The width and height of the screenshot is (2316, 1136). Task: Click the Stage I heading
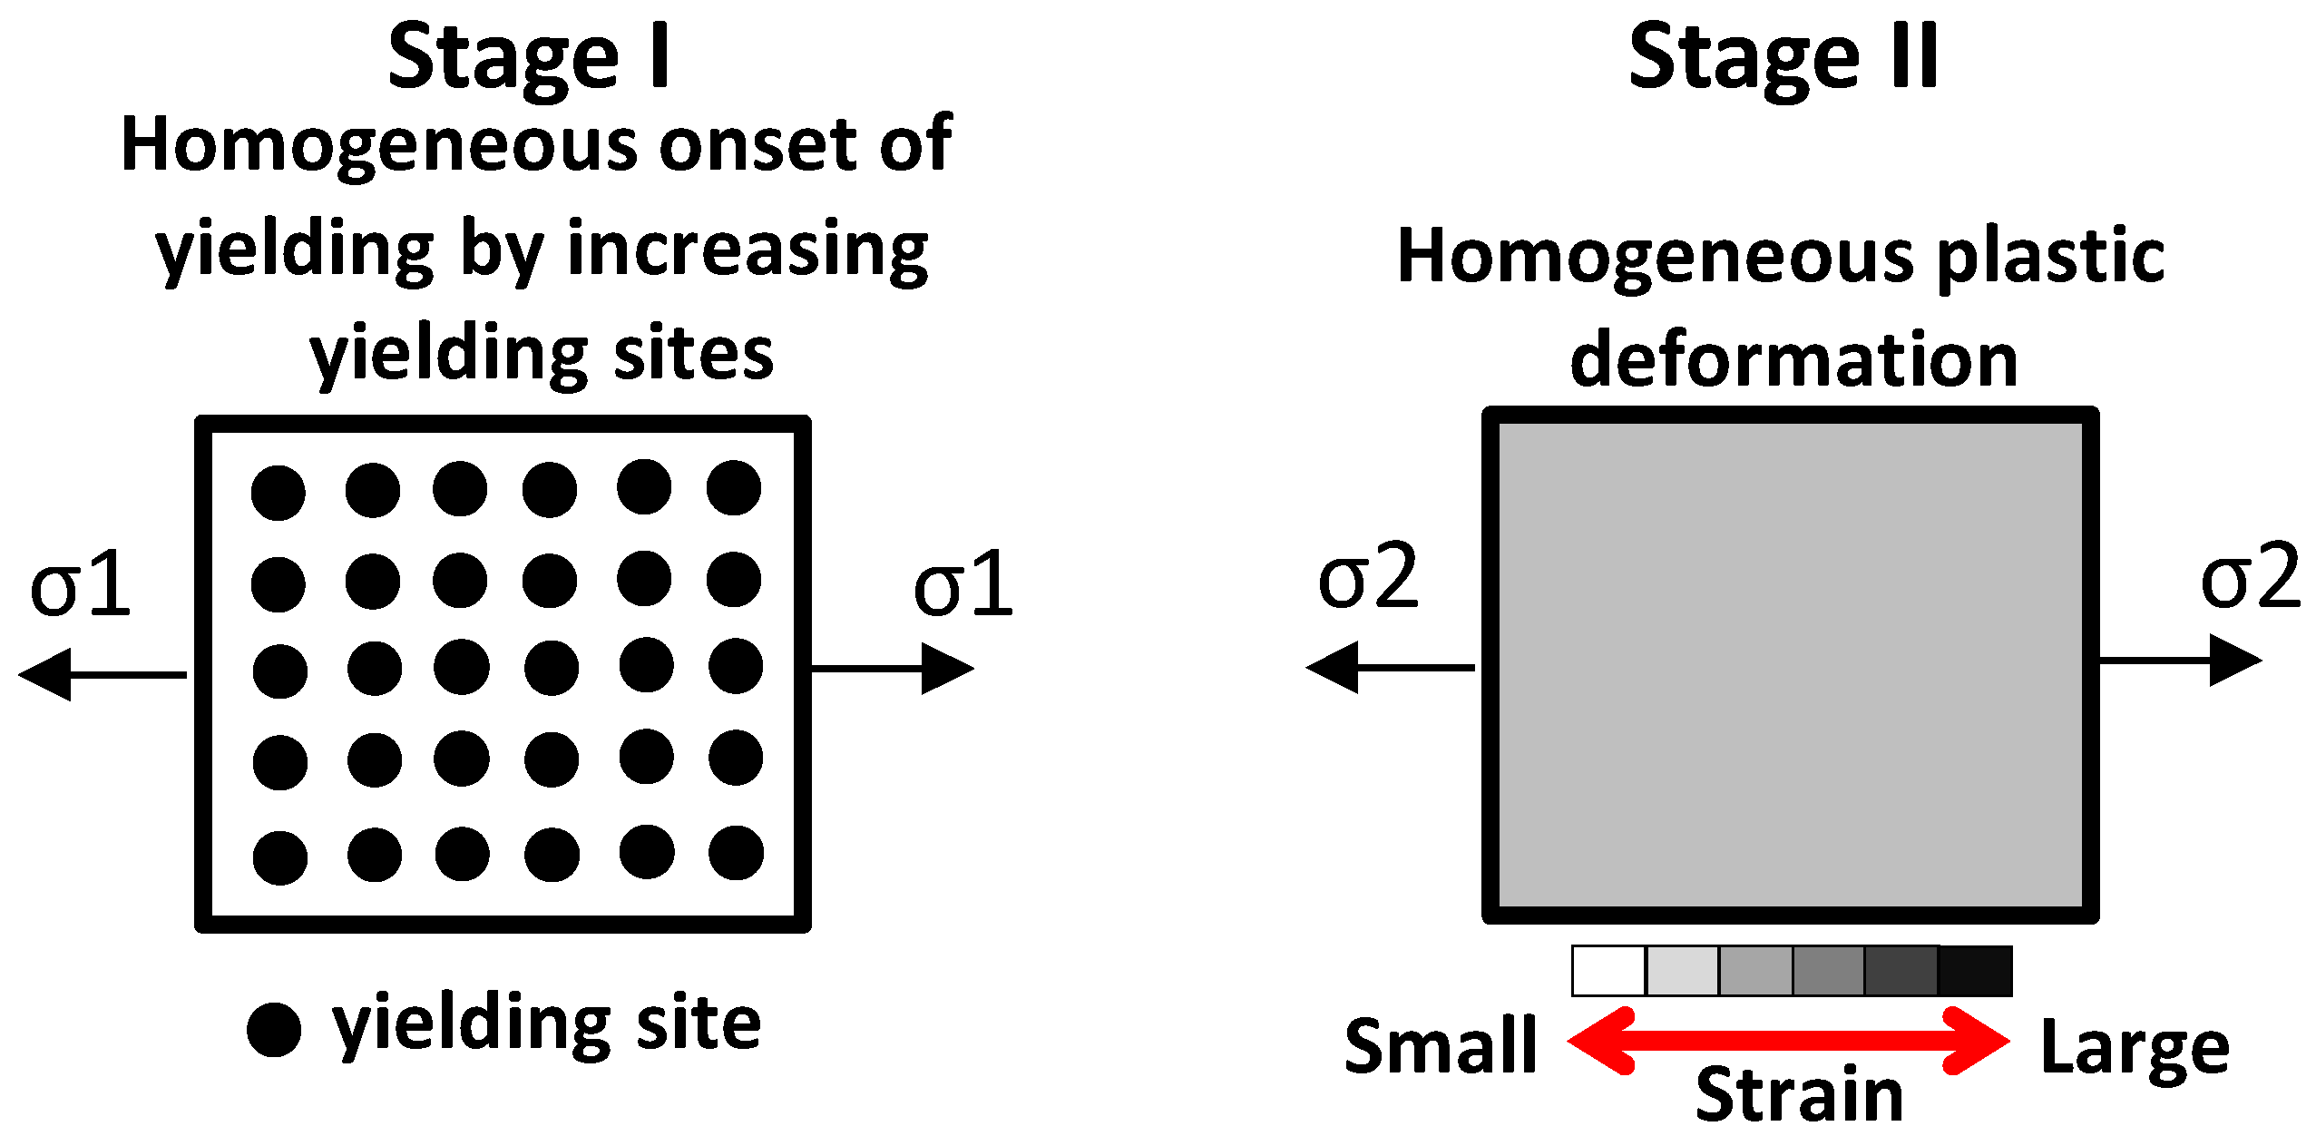[529, 57]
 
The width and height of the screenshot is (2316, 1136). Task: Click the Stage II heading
[1783, 57]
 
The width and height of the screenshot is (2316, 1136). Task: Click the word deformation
[1793, 359]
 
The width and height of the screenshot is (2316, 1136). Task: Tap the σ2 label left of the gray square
[1367, 576]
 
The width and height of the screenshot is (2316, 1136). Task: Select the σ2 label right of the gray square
[2250, 576]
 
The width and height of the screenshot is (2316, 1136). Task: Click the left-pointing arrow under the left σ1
[102, 674]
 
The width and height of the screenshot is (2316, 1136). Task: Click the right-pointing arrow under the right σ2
[2181, 660]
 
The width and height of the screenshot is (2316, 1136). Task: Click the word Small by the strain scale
[1441, 1046]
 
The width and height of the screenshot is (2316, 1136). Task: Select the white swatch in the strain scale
[1608, 971]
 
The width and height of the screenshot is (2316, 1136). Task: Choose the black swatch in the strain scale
[1975, 971]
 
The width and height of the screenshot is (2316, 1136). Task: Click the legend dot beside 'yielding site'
[274, 1030]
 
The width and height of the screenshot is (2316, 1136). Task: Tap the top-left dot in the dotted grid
[279, 493]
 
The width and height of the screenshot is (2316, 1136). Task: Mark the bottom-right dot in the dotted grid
[736, 853]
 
